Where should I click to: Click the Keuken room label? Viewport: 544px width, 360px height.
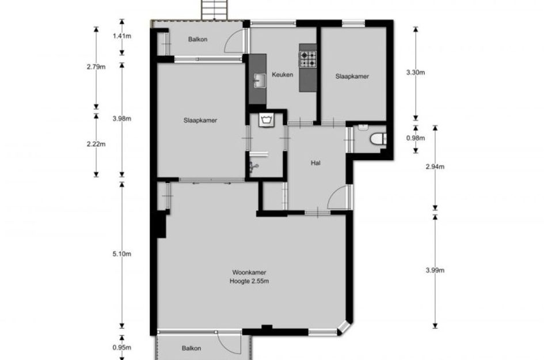(283, 75)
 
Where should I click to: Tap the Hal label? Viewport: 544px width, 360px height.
(315, 163)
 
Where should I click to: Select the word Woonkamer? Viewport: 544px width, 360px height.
(249, 273)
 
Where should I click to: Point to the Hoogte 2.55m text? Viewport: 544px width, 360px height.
(249, 281)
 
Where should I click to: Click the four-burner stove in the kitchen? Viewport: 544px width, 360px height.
(308, 59)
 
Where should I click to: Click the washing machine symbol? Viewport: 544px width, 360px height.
(266, 120)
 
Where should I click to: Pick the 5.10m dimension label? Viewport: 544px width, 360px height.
(122, 254)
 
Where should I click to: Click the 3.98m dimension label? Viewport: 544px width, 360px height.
(122, 119)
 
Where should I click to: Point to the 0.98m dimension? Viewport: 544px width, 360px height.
(416, 138)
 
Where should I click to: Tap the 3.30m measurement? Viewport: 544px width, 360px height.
(416, 73)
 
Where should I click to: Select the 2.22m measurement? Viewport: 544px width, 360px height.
(96, 144)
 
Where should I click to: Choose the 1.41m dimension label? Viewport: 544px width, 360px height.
(122, 36)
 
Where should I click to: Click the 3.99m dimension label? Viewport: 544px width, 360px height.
(435, 270)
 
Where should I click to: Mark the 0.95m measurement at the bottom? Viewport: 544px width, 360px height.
(122, 347)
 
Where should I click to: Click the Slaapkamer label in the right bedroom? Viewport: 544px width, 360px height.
(352, 77)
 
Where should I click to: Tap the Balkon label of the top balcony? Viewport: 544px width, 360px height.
(198, 39)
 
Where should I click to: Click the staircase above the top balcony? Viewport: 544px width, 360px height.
(215, 10)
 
